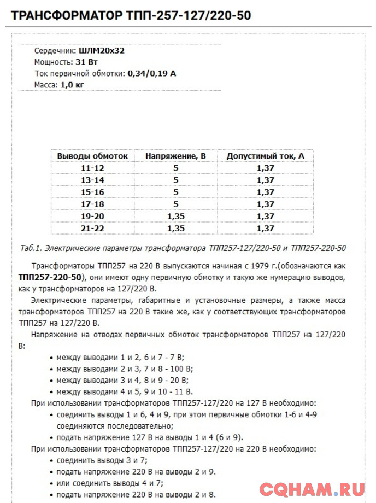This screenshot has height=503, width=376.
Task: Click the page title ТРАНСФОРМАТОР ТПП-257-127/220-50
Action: pyautogui.click(x=131, y=15)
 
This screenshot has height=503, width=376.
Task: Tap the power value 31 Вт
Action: pyautogui.click(x=86, y=62)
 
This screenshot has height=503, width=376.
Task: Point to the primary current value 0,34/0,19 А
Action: pyautogui.click(x=151, y=73)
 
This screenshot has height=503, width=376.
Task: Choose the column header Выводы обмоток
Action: pyautogui.click(x=92, y=156)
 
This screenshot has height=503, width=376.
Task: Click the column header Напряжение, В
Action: pyautogui.click(x=175, y=156)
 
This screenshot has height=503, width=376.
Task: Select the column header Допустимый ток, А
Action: pyautogui.click(x=265, y=156)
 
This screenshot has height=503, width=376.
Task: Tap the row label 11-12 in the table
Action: pyautogui.click(x=92, y=168)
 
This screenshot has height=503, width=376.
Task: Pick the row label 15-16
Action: pyautogui.click(x=92, y=192)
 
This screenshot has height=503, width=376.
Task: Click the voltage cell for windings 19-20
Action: pyautogui.click(x=175, y=216)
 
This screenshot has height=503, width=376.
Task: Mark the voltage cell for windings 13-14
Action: pyautogui.click(x=175, y=180)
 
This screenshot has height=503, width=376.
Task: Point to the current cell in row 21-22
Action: pyautogui.click(x=265, y=228)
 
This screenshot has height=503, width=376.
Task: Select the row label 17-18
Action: pyautogui.click(x=92, y=204)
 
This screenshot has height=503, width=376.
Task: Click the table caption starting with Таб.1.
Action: pyautogui.click(x=182, y=248)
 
